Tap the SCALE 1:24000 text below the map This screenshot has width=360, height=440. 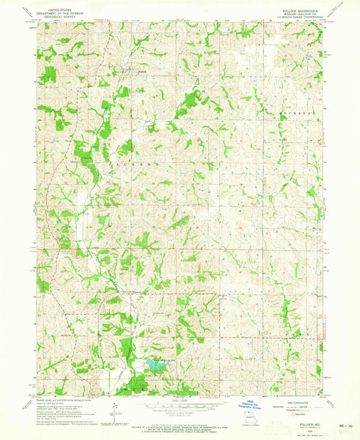tap(180, 400)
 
